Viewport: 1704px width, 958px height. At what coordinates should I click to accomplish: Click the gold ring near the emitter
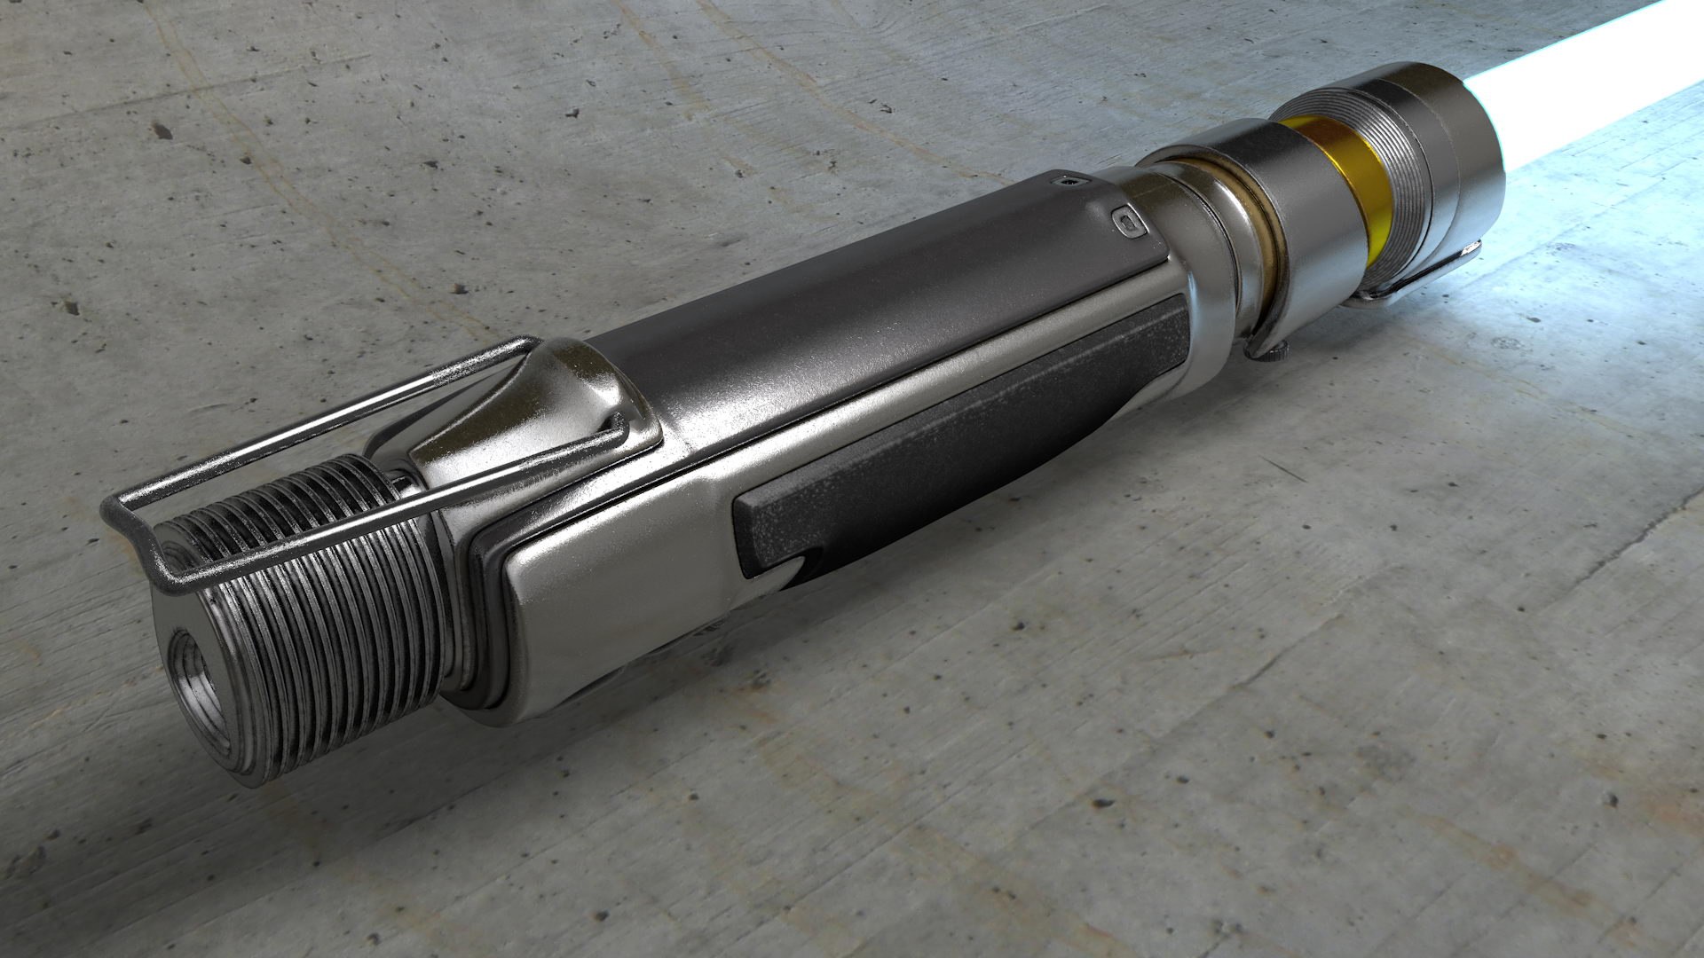(1331, 177)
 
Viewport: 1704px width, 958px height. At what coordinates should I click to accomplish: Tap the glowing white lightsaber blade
(1597, 80)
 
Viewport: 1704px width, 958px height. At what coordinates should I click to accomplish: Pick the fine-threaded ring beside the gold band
(1402, 169)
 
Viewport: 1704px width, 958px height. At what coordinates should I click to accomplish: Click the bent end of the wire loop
(133, 532)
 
